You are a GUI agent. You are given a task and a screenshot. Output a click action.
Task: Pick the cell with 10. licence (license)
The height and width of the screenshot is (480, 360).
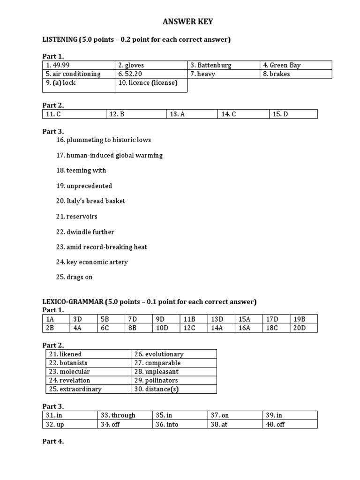pos(148,83)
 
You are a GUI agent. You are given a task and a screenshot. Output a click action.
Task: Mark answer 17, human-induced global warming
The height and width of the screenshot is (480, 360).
pos(109,155)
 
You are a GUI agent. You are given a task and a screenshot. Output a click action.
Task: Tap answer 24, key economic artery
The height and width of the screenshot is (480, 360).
pos(92,262)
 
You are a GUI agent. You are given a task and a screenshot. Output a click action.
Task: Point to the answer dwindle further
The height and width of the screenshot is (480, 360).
pos(85,232)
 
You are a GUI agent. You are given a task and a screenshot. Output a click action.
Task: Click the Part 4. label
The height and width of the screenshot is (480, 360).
pos(53,441)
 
